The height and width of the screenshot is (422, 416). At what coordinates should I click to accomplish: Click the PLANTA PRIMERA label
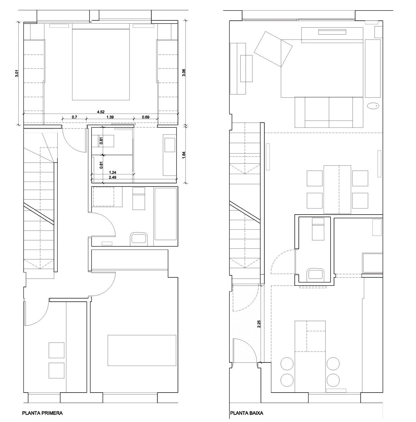point(42,413)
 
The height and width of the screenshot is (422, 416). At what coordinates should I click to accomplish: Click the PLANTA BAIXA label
point(247,413)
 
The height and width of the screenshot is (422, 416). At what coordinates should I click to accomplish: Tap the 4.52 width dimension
point(101,112)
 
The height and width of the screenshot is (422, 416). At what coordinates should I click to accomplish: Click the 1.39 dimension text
point(110,117)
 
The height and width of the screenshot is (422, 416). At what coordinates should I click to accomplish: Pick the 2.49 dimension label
point(112,177)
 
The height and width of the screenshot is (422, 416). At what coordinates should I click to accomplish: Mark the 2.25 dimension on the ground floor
point(259,324)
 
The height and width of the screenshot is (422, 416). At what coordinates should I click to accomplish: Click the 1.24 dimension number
point(112,172)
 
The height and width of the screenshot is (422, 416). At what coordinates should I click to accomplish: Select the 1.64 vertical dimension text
point(184,155)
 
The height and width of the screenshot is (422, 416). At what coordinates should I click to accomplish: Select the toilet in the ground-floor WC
point(316,274)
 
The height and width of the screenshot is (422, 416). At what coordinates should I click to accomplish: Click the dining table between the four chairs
point(337,189)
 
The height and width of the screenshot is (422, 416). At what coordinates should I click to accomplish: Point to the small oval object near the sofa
point(373,106)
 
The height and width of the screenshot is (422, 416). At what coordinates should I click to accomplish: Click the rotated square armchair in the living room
point(273,49)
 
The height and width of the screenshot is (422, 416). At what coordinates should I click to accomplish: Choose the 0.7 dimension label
point(74,117)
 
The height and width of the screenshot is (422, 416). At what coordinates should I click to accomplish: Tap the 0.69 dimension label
point(146,117)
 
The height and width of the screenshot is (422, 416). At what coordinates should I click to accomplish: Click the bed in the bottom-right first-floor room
point(142,350)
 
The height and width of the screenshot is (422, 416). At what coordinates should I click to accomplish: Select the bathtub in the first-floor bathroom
point(166,214)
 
